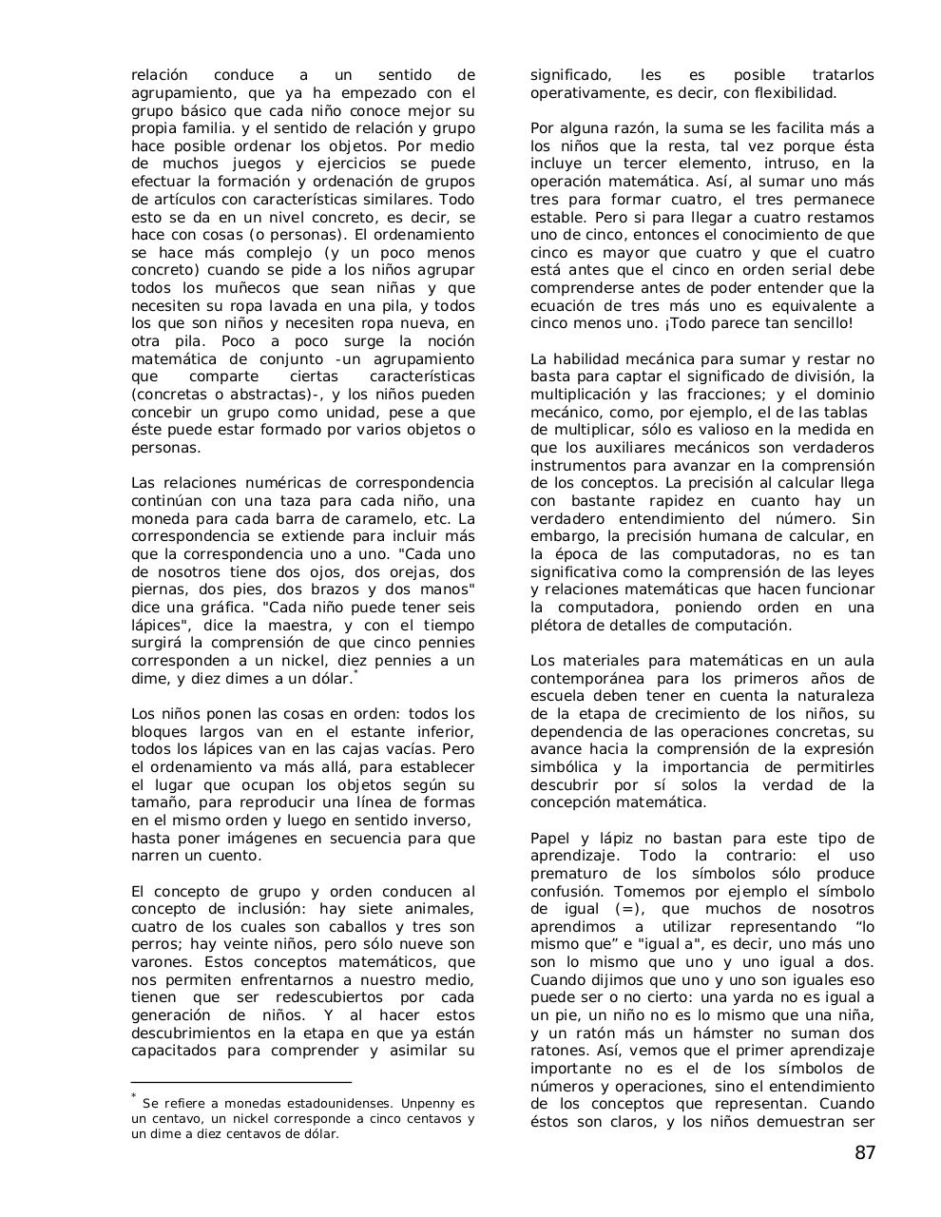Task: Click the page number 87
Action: click(x=864, y=1153)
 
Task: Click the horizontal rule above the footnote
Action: click(x=240, y=1082)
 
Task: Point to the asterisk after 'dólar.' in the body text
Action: click(x=355, y=673)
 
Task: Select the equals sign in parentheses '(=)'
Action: click(x=628, y=909)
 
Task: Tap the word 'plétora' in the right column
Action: click(x=557, y=626)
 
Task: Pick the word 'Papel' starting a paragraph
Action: click(x=551, y=839)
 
